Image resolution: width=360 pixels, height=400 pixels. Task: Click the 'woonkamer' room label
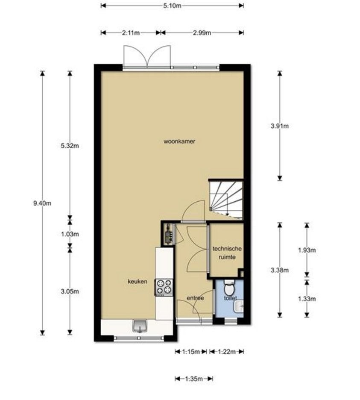click(x=179, y=141)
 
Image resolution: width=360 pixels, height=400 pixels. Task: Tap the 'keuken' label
click(x=138, y=281)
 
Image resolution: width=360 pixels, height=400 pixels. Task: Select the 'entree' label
click(x=195, y=298)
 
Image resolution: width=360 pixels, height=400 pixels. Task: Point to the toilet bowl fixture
click(x=229, y=288)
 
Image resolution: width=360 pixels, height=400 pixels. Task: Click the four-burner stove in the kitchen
click(x=164, y=287)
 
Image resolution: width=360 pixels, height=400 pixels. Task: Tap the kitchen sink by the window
click(x=140, y=326)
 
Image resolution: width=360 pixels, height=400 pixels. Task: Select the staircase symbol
click(x=225, y=199)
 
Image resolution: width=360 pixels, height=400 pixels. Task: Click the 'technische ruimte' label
click(x=227, y=253)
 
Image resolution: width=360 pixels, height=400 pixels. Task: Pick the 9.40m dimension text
click(x=42, y=203)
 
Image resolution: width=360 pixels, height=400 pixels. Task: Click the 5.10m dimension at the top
click(x=172, y=6)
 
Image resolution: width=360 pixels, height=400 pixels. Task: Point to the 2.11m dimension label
click(x=131, y=32)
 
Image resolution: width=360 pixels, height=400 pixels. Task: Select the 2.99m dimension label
click(x=202, y=32)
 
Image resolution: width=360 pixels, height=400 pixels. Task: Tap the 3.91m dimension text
click(x=280, y=126)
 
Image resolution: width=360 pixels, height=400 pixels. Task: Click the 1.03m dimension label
click(x=70, y=234)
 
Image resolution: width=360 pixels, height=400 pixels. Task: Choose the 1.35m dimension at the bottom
click(x=194, y=379)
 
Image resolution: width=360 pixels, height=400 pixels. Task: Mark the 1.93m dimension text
click(x=307, y=250)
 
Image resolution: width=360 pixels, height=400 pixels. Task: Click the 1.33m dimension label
click(x=307, y=299)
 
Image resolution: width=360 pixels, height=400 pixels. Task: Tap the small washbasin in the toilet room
click(x=239, y=306)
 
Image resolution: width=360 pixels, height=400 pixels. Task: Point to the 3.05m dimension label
click(x=70, y=291)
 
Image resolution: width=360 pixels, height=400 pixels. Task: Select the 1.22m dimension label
click(x=227, y=352)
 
